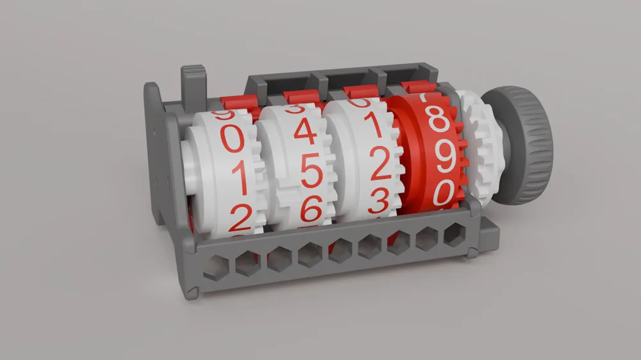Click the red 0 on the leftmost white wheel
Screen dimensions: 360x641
pos(232,138)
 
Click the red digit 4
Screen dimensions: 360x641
pos(304,132)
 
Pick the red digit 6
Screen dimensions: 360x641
pos(311,208)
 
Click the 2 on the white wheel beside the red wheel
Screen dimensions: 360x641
pos(379,165)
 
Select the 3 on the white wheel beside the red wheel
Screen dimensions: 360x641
pos(378,202)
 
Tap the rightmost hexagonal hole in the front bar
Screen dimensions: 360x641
pos(454,236)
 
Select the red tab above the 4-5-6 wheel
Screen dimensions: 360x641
pos(301,97)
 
